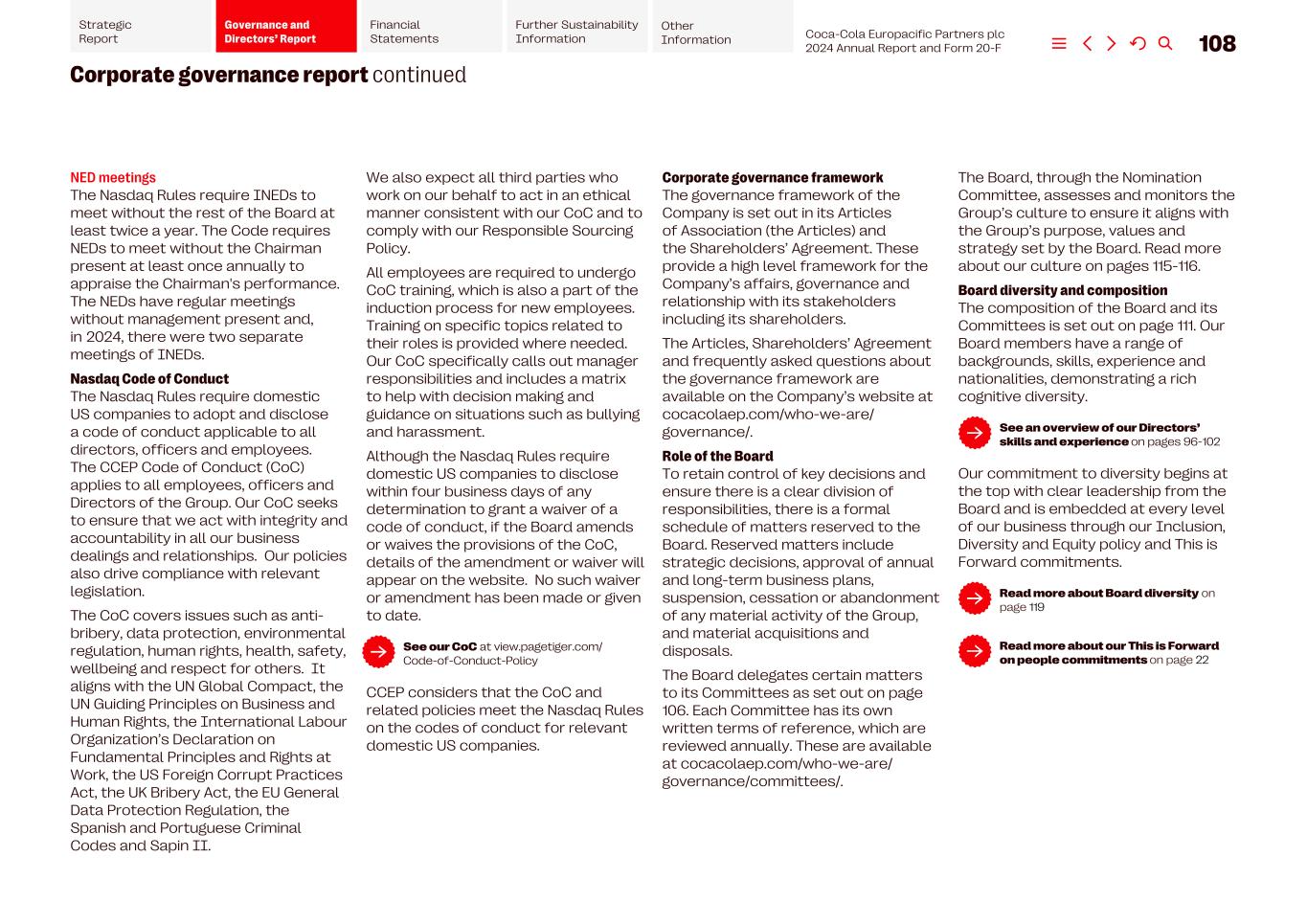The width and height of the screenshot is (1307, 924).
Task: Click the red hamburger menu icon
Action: (1059, 44)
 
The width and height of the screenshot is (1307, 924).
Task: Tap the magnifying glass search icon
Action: (1165, 44)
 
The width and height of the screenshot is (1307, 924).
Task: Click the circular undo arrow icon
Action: (1138, 44)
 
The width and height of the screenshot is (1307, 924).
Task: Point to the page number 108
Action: (1217, 44)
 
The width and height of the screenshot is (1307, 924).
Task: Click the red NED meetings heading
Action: (113, 178)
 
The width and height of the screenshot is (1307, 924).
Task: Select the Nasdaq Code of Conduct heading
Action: (149, 379)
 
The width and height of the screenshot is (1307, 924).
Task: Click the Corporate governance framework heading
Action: (772, 178)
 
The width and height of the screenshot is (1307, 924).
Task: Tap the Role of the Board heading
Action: (717, 457)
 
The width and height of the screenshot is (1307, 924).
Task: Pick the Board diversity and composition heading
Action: (1062, 291)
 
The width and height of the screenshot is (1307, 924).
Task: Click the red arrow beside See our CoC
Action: (378, 653)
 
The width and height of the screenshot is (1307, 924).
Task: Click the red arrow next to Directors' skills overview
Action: (975, 434)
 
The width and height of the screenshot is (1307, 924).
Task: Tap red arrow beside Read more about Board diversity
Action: (975, 599)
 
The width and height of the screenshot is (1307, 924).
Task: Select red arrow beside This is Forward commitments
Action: (975, 652)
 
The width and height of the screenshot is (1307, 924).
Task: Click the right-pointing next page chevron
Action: (1112, 44)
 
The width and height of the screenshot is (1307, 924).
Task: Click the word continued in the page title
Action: (419, 76)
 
